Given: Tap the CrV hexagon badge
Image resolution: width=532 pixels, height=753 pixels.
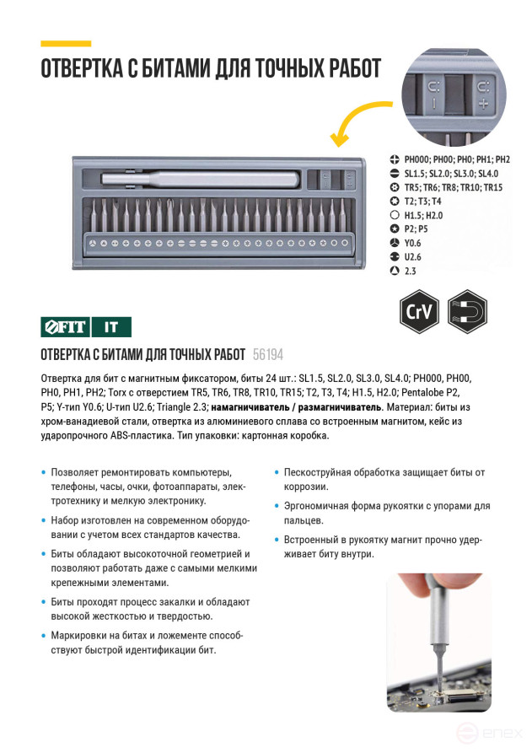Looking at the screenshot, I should pos(420,311).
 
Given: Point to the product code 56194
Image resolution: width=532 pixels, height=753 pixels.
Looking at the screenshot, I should pos(268,355).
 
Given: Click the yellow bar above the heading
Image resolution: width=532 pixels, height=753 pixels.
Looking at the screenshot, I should pos(66,42).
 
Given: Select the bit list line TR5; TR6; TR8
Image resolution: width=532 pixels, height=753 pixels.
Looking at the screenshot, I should pos(453,187).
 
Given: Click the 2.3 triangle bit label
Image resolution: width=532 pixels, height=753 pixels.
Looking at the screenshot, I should pos(411,272).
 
